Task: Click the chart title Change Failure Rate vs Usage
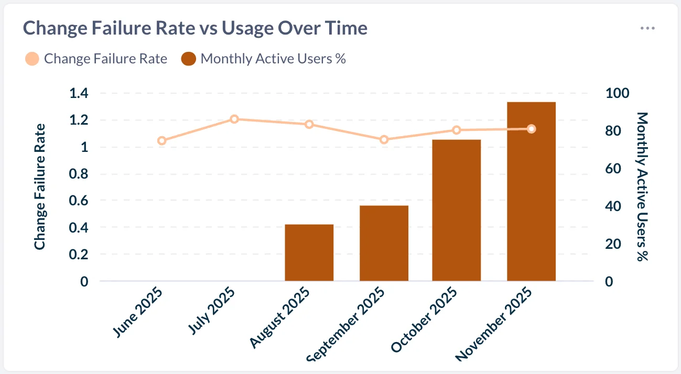pyautogui.click(x=195, y=28)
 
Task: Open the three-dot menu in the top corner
pyautogui.click(x=647, y=28)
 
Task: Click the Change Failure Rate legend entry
pyautogui.click(x=96, y=59)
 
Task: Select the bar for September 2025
pyautogui.click(x=384, y=243)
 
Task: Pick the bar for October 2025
pyautogui.click(x=456, y=210)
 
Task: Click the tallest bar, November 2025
pyautogui.click(x=531, y=191)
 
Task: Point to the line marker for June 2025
pyautogui.click(x=162, y=140)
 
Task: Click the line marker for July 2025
pyautogui.click(x=234, y=119)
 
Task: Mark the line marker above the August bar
pyautogui.click(x=309, y=124)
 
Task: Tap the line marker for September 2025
pyautogui.click(x=384, y=139)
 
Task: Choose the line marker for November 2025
pyautogui.click(x=532, y=129)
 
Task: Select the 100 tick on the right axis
pyautogui.click(x=617, y=94)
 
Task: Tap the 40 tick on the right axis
pyautogui.click(x=613, y=207)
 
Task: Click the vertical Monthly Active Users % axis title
pyautogui.click(x=642, y=186)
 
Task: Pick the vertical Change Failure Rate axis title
pyautogui.click(x=40, y=186)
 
